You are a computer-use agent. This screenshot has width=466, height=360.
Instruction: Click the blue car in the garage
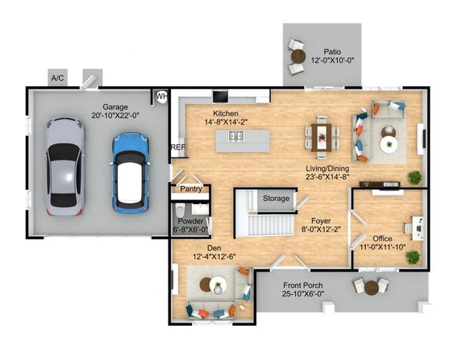click(130, 173)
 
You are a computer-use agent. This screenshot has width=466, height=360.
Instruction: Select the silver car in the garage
click(65, 167)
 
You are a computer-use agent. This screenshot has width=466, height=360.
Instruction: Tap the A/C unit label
click(57, 78)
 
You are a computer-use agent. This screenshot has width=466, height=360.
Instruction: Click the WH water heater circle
click(162, 97)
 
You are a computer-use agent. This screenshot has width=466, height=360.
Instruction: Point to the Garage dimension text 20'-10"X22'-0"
click(115, 116)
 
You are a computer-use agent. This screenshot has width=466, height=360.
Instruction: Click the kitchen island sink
click(236, 136)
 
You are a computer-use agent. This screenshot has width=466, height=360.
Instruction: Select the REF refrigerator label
click(179, 147)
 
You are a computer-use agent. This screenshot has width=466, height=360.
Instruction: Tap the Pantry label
click(191, 189)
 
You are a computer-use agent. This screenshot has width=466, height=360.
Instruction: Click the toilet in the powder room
click(180, 210)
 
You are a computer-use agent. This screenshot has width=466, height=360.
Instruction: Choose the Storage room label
click(276, 199)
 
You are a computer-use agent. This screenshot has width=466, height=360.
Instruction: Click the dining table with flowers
click(322, 137)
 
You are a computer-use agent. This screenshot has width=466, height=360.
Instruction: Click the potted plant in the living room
click(415, 177)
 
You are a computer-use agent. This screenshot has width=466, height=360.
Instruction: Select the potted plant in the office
click(413, 258)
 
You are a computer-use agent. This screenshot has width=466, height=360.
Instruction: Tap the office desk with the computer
click(418, 228)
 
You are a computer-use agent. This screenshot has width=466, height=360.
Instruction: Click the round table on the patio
click(298, 56)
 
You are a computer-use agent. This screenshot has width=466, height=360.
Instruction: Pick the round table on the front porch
click(371, 287)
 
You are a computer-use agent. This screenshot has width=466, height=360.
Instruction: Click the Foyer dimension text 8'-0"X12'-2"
click(321, 229)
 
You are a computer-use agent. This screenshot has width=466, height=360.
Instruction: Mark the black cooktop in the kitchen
click(221, 96)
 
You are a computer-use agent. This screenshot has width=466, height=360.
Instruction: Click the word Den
click(214, 248)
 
